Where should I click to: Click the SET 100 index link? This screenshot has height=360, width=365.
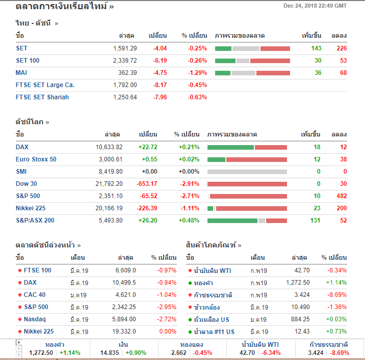pos(28,61)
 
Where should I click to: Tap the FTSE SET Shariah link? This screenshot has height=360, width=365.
pos(42,97)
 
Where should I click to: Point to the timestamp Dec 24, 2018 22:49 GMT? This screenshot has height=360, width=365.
pos(315,6)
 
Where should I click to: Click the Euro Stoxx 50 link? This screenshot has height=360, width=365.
pos(36,159)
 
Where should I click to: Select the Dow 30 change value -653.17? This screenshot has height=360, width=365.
pos(147,184)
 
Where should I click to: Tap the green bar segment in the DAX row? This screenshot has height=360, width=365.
pos(230,147)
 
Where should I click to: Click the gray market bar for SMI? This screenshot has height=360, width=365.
pos(247,172)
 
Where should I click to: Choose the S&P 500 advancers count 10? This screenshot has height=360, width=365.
pos(317,196)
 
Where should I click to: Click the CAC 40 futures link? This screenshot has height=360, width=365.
pos(34,295)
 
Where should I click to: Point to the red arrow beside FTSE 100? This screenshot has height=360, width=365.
pos(19,270)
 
